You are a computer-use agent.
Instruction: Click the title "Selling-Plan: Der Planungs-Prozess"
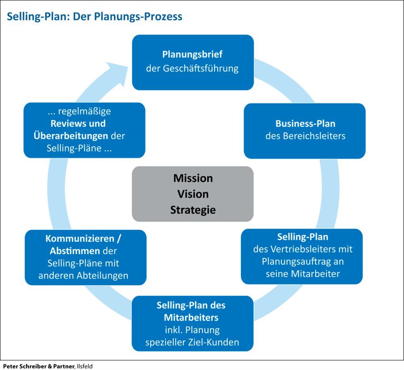(x=93, y=17)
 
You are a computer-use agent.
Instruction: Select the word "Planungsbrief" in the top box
(x=192, y=54)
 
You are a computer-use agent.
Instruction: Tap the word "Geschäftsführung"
(x=204, y=68)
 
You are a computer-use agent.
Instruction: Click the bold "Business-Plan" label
(x=305, y=123)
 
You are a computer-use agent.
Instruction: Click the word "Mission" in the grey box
(x=193, y=178)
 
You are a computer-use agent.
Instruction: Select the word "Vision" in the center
(x=193, y=194)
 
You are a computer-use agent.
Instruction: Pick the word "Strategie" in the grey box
(x=193, y=210)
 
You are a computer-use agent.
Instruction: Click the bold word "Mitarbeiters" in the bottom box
(x=185, y=317)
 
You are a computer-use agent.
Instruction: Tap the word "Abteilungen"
(x=104, y=276)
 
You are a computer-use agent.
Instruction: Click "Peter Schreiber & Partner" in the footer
(x=37, y=366)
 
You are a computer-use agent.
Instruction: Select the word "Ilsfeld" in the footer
(x=84, y=366)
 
